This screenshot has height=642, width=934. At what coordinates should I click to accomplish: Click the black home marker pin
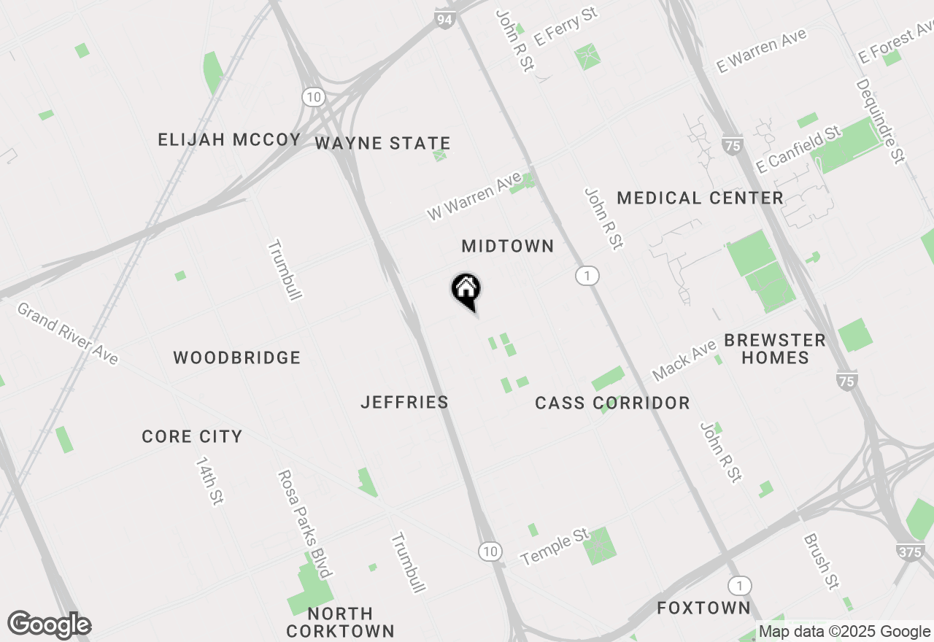tap(466, 290)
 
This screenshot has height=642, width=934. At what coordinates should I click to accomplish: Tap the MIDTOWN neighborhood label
tap(508, 247)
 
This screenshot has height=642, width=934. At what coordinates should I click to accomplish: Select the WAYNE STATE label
tap(382, 143)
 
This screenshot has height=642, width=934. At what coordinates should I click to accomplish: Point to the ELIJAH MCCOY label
tap(229, 140)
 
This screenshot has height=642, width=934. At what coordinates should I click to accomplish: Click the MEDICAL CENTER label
tap(700, 198)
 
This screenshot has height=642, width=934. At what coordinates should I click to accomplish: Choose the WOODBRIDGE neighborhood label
tap(236, 357)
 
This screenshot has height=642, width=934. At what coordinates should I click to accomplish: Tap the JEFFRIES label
tap(404, 402)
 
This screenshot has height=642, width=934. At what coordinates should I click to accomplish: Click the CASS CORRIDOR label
tap(612, 403)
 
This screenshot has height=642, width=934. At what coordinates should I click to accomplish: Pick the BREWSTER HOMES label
tap(775, 349)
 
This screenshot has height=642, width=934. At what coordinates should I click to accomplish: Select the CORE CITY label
tap(192, 436)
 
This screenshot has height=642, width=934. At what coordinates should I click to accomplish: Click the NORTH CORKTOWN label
tap(340, 622)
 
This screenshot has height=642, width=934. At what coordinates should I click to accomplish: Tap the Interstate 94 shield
tap(444, 19)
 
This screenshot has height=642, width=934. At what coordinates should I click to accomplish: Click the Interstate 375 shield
tap(910, 552)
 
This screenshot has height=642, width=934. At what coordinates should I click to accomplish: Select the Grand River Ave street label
tap(67, 333)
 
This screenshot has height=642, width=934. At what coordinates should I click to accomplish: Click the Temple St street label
tap(555, 547)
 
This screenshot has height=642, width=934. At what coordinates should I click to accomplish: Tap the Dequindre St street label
tap(880, 121)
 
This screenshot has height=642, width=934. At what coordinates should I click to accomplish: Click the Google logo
tap(49, 625)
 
